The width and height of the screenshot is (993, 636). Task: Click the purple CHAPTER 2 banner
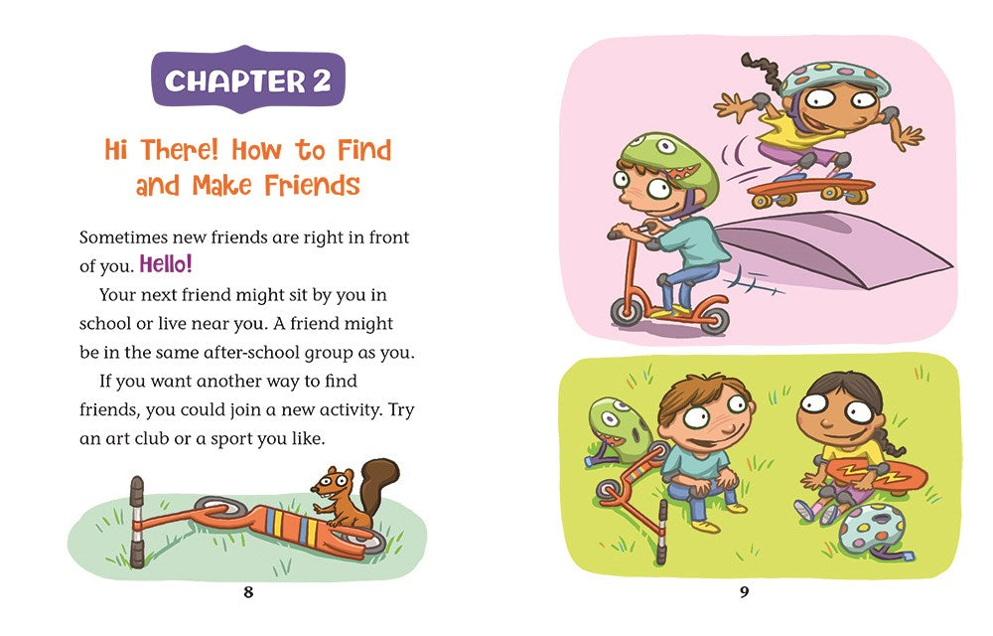point(248,79)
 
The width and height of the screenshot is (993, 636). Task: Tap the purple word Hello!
point(165,264)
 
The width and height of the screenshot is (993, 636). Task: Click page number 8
point(248,592)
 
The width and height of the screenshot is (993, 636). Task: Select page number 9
point(744,592)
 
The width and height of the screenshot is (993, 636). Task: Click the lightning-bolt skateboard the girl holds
point(878,475)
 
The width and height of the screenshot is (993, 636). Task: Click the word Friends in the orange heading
point(312,185)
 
